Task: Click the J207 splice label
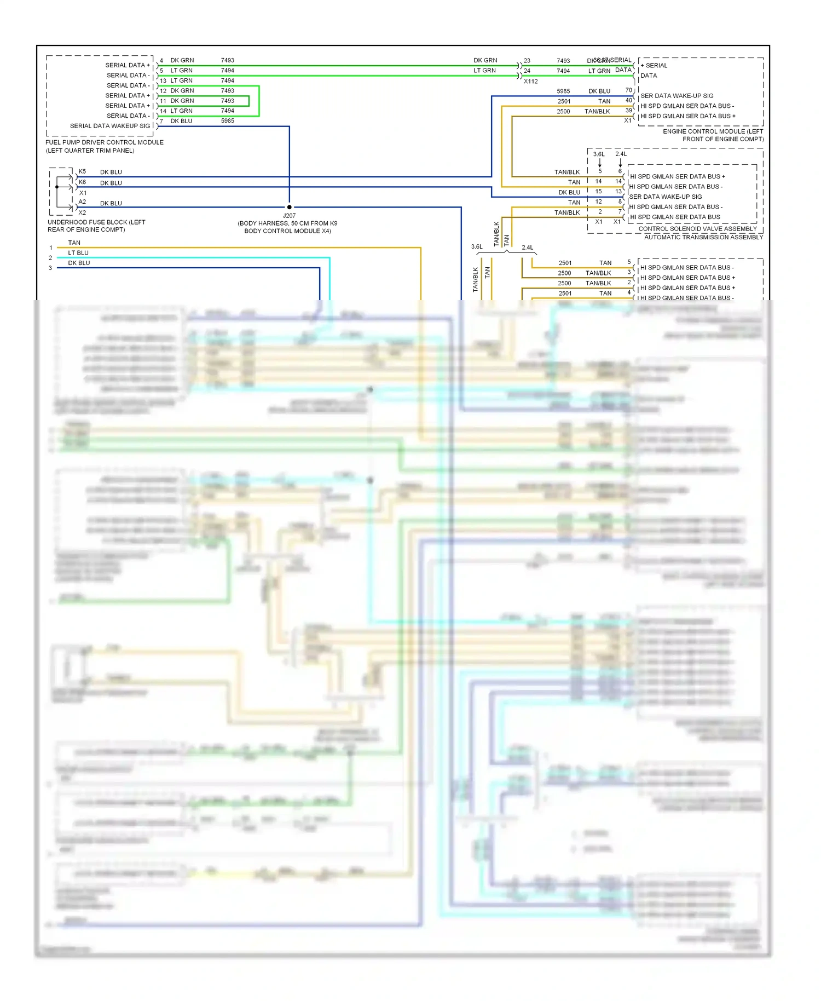pos(289,216)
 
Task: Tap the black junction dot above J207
pos(289,207)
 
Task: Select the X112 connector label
pos(530,82)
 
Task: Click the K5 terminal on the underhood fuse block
pos(82,171)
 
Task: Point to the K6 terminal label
pos(82,182)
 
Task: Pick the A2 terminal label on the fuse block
pos(82,202)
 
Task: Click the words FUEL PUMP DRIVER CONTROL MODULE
pos(104,142)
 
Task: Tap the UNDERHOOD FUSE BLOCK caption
pos(96,222)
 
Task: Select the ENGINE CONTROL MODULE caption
pos(713,131)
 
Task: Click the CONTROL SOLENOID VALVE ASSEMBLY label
pos(697,229)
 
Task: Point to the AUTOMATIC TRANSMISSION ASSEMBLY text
pos(703,237)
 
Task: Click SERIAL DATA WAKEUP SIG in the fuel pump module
pos(109,126)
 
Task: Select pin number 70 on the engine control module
pos(628,90)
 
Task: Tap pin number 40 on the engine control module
pos(628,100)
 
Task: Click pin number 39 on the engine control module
pos(628,110)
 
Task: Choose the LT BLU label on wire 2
pos(78,253)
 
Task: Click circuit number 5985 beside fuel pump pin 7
pos(227,121)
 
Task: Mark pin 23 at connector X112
pos(527,61)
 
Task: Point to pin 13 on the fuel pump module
pos(163,81)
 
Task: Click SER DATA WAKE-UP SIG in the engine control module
pos(677,96)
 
